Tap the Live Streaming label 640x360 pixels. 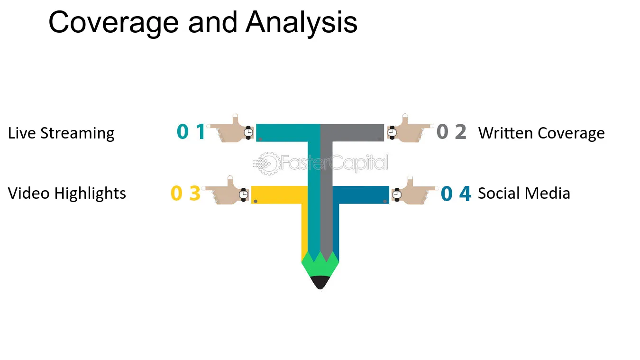(x=61, y=134)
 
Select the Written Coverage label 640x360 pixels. (x=541, y=134)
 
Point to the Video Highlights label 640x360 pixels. (x=67, y=194)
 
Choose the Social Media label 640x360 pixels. (x=524, y=194)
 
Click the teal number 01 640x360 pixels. (x=191, y=131)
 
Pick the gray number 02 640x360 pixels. (x=451, y=131)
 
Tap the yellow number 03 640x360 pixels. (x=185, y=194)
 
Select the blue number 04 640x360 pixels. (x=456, y=194)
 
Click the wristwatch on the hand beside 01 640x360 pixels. (x=248, y=132)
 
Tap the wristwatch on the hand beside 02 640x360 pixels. (x=392, y=132)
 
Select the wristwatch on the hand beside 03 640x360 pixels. (x=243, y=194)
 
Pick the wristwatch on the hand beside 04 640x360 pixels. (x=397, y=194)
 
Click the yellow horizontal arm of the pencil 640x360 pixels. (x=279, y=195)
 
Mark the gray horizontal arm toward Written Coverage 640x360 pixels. (x=352, y=132)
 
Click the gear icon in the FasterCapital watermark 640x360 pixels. (x=268, y=164)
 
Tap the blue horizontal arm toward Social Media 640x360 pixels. (x=361, y=195)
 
